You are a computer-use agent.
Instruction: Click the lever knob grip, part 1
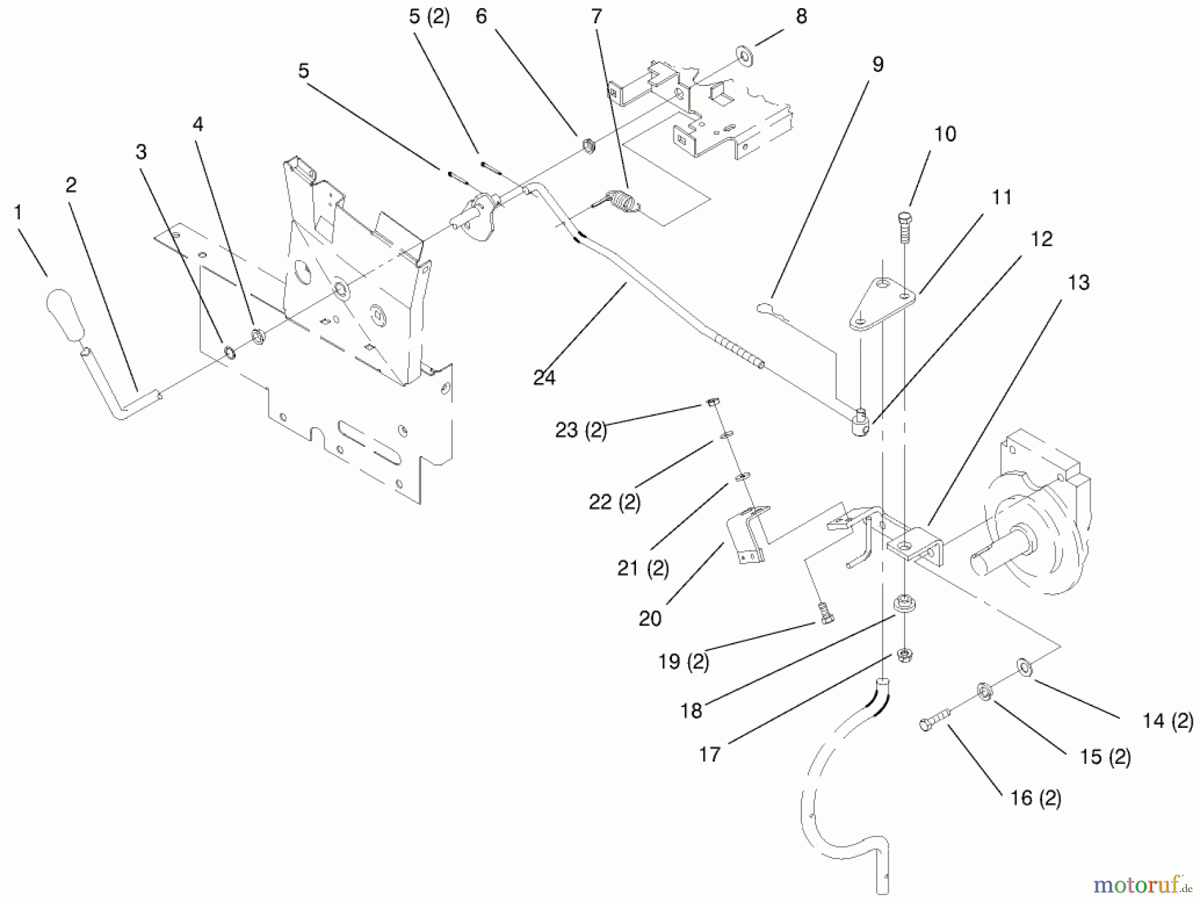click(65, 315)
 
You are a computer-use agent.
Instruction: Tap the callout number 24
click(544, 378)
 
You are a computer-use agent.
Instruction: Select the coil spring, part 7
click(621, 201)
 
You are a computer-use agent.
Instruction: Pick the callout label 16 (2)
click(1035, 798)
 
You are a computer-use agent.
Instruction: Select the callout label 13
click(1078, 282)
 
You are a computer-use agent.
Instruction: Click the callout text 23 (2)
click(581, 430)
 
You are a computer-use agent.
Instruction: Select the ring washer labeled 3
click(229, 351)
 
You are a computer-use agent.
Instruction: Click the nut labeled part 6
click(589, 145)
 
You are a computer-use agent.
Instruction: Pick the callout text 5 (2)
click(429, 17)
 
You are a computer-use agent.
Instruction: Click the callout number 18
click(691, 711)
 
